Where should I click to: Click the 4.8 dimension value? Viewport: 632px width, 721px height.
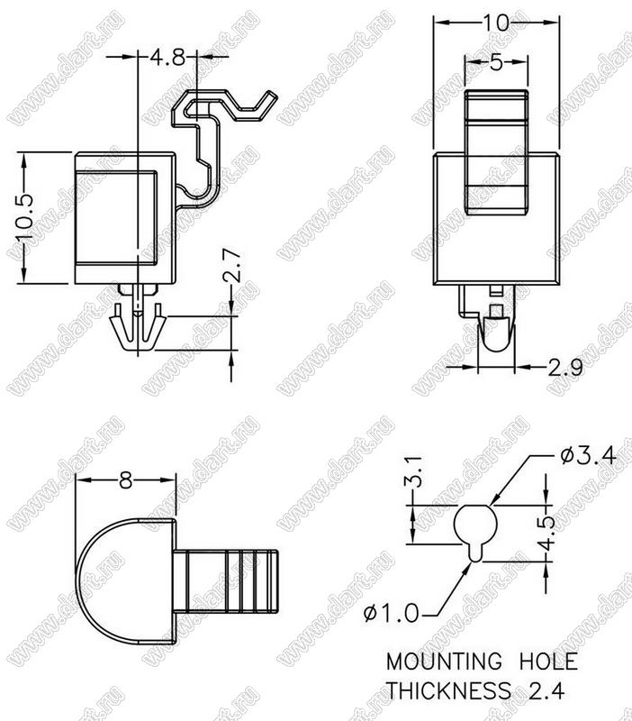pos(167,58)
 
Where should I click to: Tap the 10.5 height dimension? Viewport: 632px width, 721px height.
pos(24,218)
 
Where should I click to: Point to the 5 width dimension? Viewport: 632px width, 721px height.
pos(496,62)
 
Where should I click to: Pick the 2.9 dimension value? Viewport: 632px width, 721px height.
pos(565,368)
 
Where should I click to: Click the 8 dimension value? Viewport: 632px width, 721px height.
pos(125,480)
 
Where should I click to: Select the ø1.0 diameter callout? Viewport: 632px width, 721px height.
pos(391,613)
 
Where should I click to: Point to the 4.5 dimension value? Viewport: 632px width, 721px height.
pos(546,533)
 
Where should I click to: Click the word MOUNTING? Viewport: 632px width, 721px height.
pos(444,662)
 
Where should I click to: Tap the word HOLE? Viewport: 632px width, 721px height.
pos(548,662)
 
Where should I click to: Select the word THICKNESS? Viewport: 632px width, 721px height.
pos(448,690)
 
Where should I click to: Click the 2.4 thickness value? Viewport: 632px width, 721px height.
pos(546,690)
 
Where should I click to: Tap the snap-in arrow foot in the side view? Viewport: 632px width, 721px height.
pos(138,330)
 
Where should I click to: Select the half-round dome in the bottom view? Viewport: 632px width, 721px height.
pos(126,580)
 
